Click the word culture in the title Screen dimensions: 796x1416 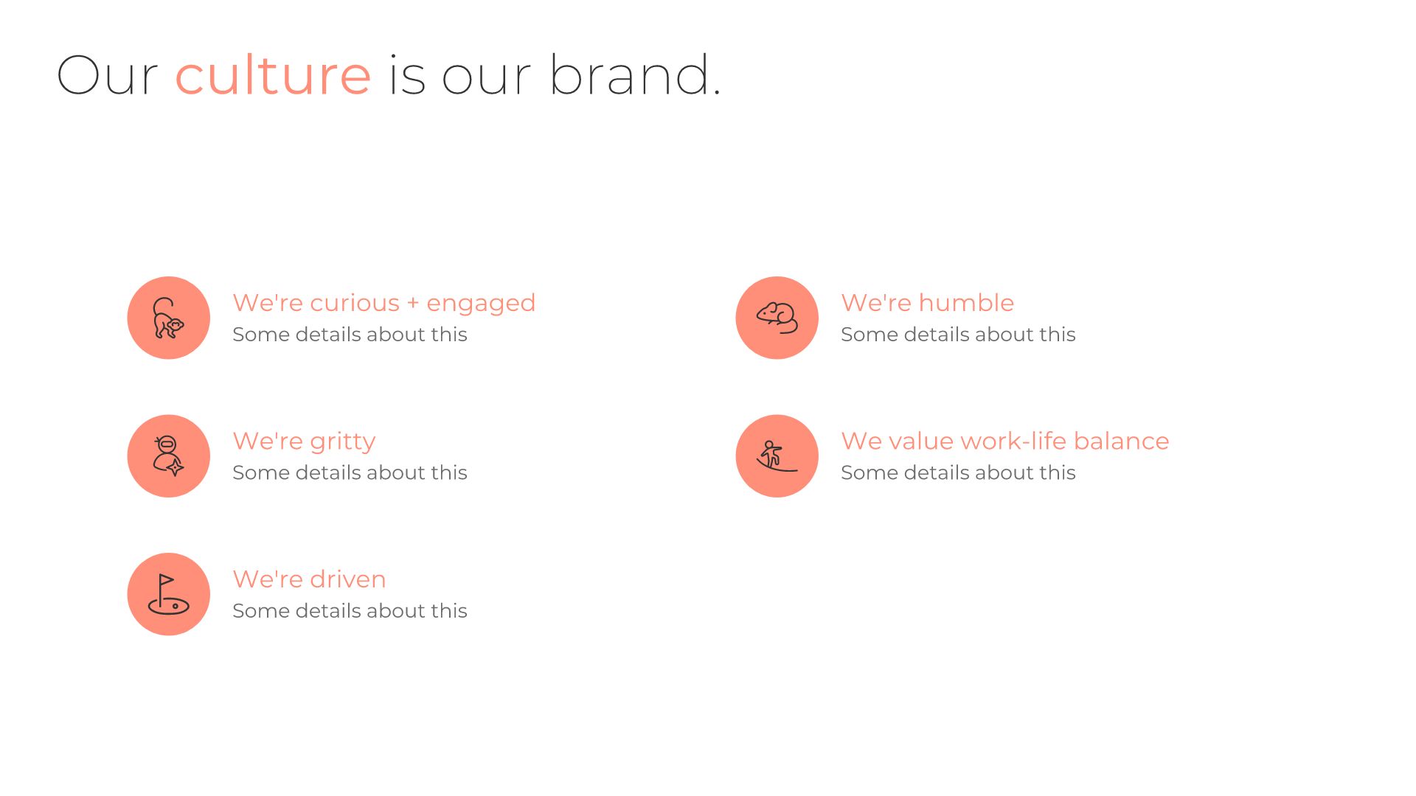273,75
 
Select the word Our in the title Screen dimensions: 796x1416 107,75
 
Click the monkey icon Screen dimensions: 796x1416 168,318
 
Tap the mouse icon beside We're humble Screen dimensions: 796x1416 777,318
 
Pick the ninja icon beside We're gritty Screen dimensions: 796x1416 168,456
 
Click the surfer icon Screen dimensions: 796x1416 777,456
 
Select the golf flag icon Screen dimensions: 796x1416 168,595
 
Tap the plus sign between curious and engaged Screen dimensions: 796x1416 413,303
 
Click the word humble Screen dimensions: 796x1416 966,303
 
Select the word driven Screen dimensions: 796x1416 347,579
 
